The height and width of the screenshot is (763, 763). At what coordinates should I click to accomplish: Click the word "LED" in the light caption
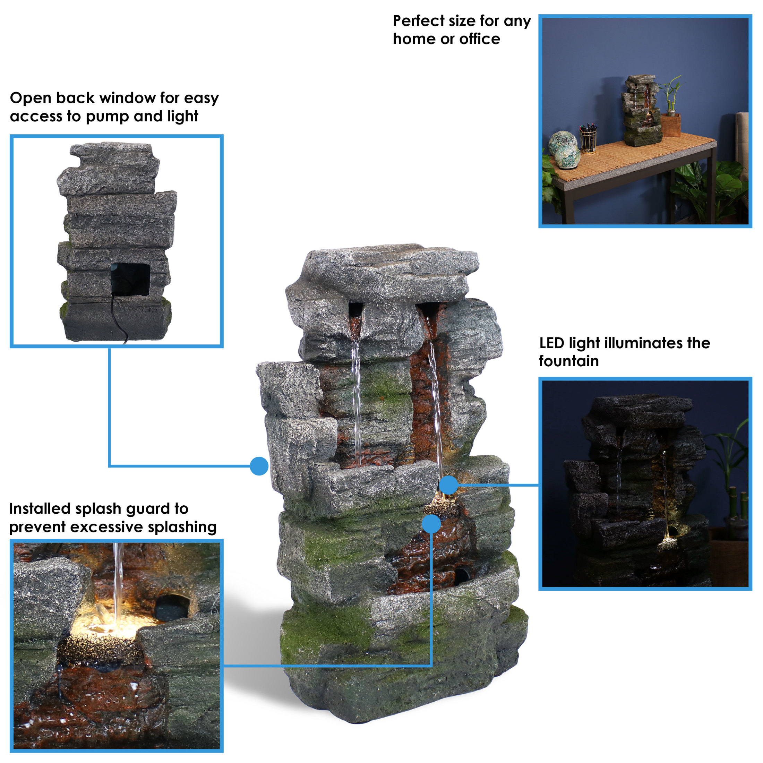552,343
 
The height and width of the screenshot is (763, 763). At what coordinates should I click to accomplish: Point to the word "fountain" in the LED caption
569,361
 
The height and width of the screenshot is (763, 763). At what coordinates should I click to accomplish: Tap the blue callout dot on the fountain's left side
259,466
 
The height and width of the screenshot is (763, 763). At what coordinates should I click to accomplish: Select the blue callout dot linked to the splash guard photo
431,524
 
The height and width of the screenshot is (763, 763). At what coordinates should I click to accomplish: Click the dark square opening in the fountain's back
130,279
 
